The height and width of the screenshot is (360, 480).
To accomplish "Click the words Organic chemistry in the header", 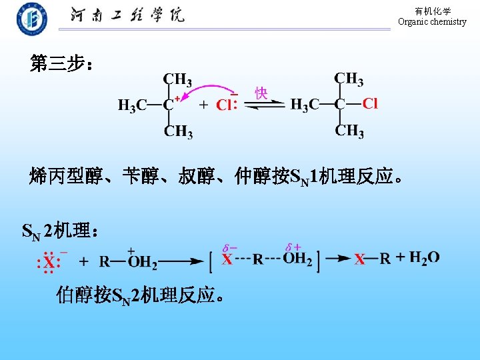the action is click(x=432, y=22).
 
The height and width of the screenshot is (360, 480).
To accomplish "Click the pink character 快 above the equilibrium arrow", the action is click(x=261, y=93).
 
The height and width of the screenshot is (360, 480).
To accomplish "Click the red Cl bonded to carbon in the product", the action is click(x=370, y=103).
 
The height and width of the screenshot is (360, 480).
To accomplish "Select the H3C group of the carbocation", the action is click(x=133, y=105).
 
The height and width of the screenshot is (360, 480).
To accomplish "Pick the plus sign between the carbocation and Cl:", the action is click(x=203, y=105).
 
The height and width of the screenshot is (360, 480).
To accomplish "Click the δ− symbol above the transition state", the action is click(x=230, y=247).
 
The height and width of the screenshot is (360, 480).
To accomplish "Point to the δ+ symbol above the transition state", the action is click(x=293, y=247).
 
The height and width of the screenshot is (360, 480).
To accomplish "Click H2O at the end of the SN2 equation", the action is click(x=424, y=258).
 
